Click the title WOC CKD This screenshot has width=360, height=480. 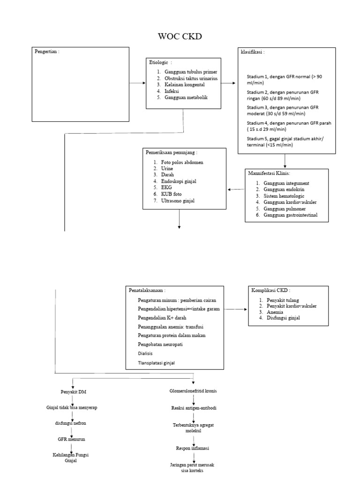pyautogui.click(x=180, y=37)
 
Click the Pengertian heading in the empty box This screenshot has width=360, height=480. pyautogui.click(x=47, y=52)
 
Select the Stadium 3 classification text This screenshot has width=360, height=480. pyautogui.click(x=278, y=111)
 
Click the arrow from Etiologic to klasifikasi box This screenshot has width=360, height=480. pyautogui.click(x=228, y=83)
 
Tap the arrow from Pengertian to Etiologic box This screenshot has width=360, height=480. pyautogui.click(x=136, y=83)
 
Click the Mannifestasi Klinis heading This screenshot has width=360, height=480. pyautogui.click(x=269, y=173)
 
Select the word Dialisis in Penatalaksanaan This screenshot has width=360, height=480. pyautogui.click(x=145, y=353)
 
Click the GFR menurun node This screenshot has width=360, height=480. pyautogui.click(x=71, y=439)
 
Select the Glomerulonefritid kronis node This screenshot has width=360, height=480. pyautogui.click(x=193, y=391)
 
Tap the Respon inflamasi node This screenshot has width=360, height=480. pyautogui.click(x=193, y=448)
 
